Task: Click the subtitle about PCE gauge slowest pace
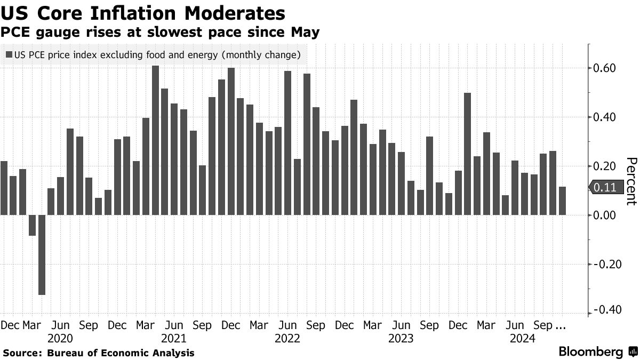[x=161, y=33]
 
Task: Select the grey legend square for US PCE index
[x=9, y=55]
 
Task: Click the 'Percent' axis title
[x=630, y=181]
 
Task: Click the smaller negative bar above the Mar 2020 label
[x=32, y=225]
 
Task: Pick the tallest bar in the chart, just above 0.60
[x=155, y=140]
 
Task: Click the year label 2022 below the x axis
[x=287, y=339]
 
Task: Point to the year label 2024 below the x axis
[x=523, y=339]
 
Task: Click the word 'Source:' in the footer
[x=22, y=353]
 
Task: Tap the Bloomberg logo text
[x=590, y=352]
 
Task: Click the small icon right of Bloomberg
[x=633, y=352]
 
